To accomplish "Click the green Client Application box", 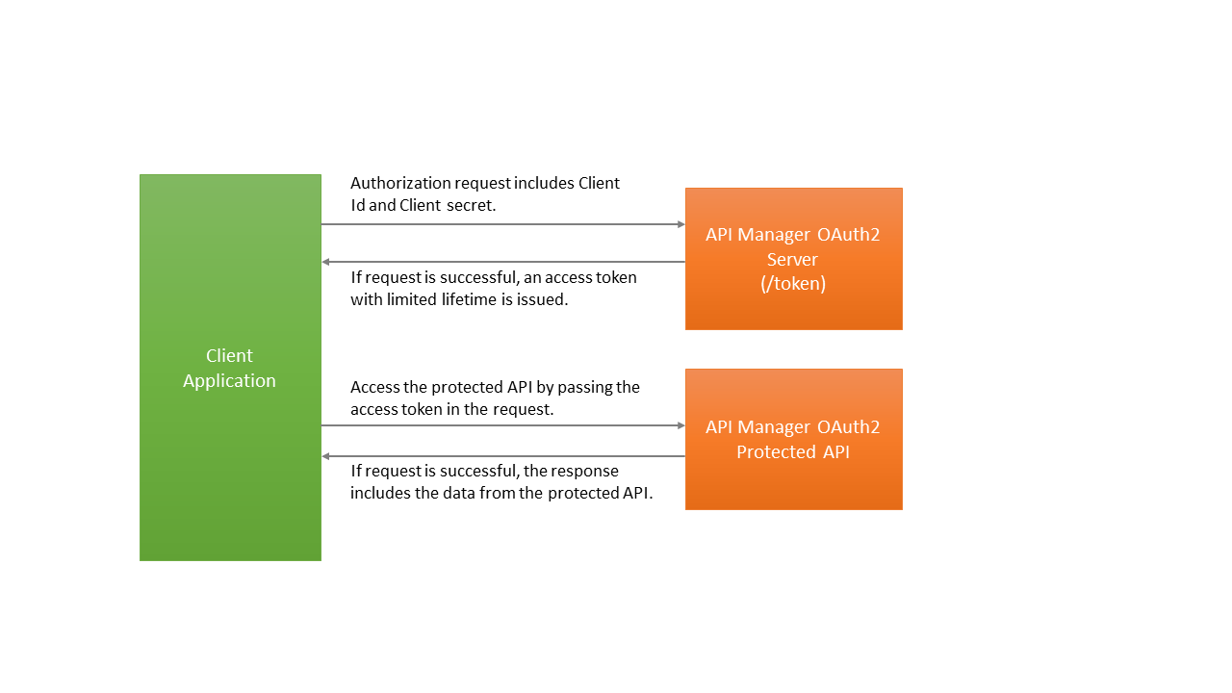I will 230,462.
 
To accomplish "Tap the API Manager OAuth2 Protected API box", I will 793,481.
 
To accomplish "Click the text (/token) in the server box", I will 793,284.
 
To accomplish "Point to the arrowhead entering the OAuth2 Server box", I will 680,224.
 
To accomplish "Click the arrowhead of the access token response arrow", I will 327,262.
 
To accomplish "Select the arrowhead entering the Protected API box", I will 680,425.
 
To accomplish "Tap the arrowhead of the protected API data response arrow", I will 327,456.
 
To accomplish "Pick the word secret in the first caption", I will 471,205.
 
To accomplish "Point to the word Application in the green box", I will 229,381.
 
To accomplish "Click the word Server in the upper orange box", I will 792,259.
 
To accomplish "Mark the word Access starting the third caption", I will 374,387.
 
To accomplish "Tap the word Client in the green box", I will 229,355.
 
